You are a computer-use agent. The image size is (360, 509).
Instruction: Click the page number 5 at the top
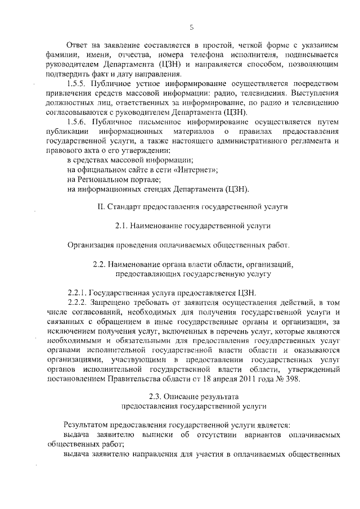(x=192, y=26)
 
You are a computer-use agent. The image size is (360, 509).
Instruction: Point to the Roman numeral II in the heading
(x=101, y=207)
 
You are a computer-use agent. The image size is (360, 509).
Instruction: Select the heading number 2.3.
(x=157, y=397)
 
